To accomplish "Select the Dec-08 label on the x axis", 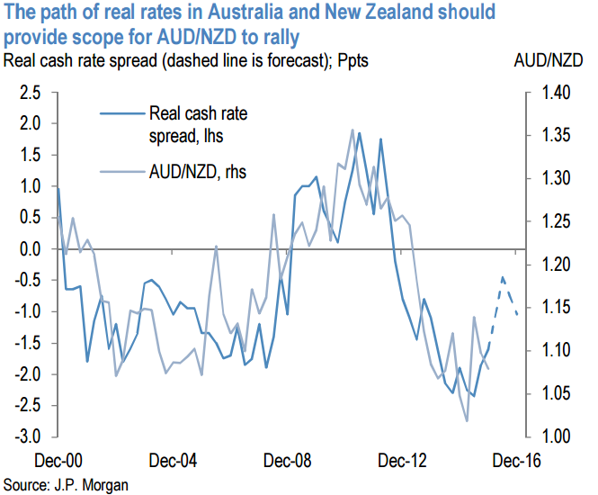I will coord(288,462).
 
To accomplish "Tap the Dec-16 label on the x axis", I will coord(516,462).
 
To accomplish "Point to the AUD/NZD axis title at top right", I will coord(551,61).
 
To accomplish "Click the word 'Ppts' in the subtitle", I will coord(351,61).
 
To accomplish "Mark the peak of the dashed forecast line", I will coord(503,278).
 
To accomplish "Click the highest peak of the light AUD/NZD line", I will coord(352,130).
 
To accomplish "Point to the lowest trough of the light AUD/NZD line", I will coord(467,420).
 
